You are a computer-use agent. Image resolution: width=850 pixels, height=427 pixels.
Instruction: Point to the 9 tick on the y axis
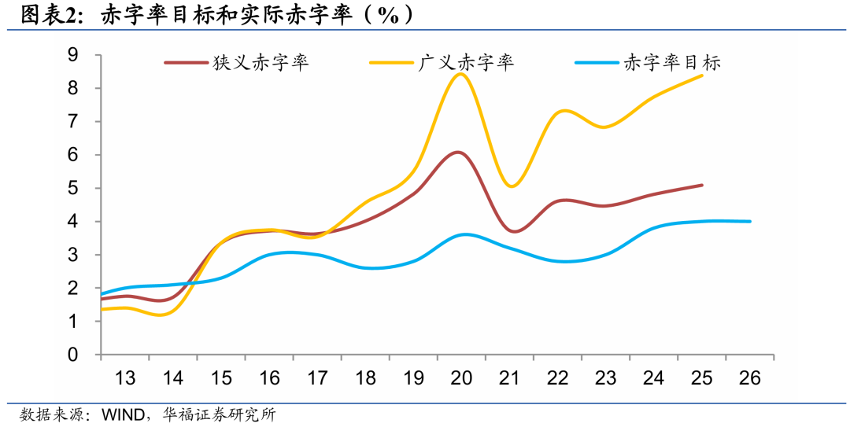coord(73,55)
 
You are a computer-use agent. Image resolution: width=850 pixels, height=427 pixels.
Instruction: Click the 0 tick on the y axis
coord(73,355)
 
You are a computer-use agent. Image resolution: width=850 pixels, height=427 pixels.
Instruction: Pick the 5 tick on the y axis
coord(73,188)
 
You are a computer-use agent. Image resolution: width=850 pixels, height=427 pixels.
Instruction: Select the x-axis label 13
coord(125,378)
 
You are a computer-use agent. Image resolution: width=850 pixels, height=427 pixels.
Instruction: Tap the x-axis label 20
coord(461,378)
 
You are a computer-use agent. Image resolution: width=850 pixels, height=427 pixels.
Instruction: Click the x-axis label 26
coord(750,378)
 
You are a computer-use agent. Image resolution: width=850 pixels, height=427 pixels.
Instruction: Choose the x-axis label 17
coord(317,378)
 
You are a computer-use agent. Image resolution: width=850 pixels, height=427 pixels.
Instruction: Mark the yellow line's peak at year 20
coord(461,74)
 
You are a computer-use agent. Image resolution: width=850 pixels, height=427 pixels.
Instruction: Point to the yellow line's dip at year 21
coord(511,186)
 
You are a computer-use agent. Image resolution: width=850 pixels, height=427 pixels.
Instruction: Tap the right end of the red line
coord(702,185)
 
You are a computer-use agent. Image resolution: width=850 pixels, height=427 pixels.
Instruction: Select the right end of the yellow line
coord(702,75)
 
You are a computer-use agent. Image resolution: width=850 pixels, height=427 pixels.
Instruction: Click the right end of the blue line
coord(750,221)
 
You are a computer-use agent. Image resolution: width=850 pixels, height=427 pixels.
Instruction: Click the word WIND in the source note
coord(120,414)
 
